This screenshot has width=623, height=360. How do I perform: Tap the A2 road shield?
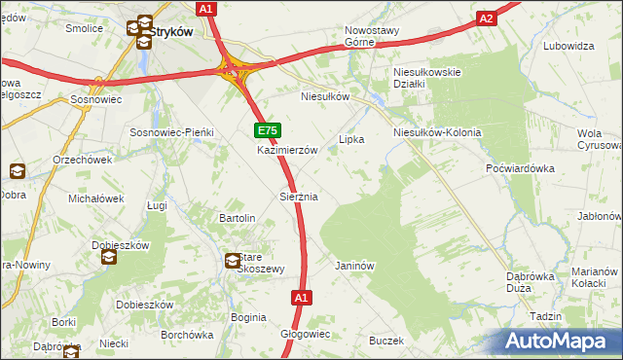(487, 18)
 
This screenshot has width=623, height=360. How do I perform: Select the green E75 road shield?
(268, 130)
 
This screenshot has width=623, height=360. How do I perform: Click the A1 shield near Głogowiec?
(301, 298)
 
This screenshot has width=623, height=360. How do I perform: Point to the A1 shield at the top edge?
(204, 9)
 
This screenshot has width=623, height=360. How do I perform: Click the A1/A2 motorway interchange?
(234, 69)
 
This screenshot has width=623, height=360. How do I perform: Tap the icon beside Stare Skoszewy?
(234, 261)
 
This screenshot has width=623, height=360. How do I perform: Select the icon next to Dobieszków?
(108, 258)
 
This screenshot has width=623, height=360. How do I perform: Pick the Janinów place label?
(354, 265)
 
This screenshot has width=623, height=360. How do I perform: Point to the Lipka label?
(351, 139)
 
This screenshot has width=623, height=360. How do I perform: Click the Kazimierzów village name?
(288, 151)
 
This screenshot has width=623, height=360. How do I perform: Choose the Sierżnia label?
(299, 197)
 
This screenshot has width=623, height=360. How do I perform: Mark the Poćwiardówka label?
(520, 167)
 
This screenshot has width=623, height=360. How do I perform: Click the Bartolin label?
(238, 218)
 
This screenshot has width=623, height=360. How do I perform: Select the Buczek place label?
(385, 341)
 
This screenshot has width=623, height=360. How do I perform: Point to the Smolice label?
(85, 28)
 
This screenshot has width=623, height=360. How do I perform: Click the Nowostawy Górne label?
(373, 36)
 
